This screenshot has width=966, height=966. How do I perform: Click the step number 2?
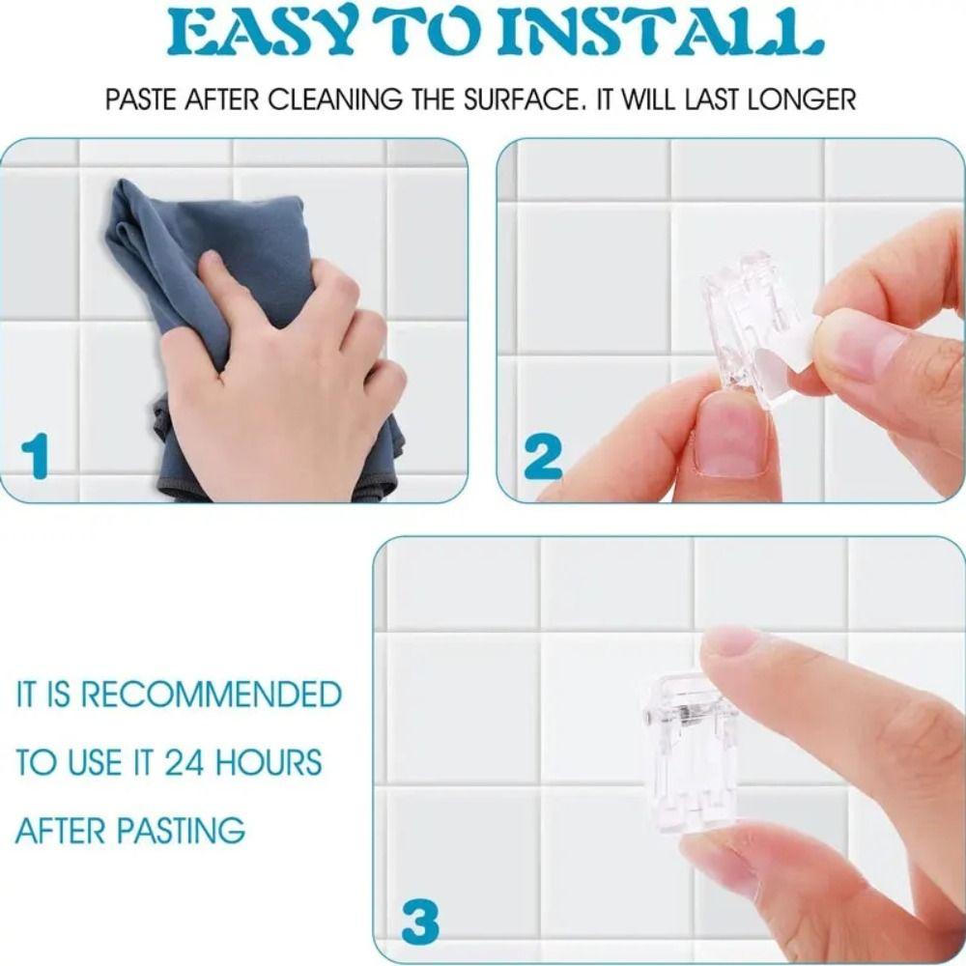tap(543, 458)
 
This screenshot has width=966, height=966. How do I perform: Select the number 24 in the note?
tap(185, 762)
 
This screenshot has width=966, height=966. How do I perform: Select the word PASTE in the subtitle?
tap(135, 99)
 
